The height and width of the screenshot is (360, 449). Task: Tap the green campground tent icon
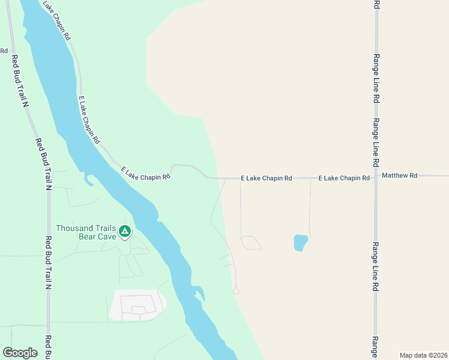124,231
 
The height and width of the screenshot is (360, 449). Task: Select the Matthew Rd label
399,176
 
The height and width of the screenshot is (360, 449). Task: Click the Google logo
20,353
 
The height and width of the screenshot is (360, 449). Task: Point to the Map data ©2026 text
424,355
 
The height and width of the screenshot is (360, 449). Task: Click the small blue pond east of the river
300,242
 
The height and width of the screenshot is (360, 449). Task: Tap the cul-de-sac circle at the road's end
236,292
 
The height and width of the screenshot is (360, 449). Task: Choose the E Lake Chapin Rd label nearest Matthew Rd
344,178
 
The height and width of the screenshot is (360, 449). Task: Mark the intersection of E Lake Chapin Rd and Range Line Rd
376,178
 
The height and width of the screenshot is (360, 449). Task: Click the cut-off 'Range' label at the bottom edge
376,347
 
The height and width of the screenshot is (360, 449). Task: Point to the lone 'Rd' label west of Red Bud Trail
4,51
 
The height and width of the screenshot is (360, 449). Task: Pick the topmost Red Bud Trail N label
19,81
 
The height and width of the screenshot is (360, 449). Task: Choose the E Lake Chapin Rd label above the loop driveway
266,178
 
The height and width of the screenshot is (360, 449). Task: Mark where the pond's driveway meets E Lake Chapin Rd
310,178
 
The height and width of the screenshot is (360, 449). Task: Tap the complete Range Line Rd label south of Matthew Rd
376,267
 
